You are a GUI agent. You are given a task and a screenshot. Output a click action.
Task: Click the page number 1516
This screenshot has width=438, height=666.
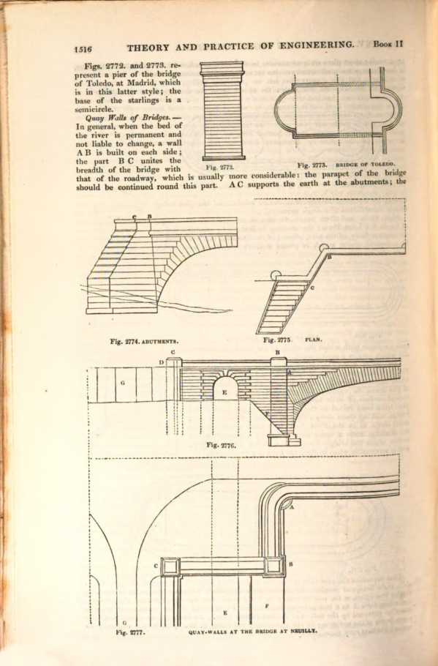coord(83,48)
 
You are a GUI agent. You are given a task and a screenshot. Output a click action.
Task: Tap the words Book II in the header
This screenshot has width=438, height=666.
coord(388,44)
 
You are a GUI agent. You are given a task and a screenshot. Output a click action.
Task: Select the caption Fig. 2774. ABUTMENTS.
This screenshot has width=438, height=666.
coord(144,341)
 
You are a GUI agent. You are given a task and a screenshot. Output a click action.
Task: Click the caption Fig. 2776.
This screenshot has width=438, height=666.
coord(221,445)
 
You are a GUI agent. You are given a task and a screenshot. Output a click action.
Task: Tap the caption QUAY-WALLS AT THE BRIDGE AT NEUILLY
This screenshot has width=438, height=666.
coord(252,631)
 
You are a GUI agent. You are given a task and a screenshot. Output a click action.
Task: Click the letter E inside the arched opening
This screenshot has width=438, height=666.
coord(224,392)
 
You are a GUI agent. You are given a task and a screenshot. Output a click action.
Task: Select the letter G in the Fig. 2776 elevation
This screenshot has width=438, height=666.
coord(123,383)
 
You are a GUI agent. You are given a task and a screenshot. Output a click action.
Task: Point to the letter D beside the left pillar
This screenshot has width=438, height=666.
coord(162,362)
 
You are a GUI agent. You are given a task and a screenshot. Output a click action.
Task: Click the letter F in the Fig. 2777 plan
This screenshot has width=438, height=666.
coord(266,606)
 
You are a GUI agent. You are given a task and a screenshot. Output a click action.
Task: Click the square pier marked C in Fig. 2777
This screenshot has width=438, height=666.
coord(170,566)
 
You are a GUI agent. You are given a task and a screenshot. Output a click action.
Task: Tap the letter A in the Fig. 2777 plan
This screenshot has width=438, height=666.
coord(292,506)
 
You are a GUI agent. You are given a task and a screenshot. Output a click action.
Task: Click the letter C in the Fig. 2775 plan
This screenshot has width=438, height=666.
coord(312,288)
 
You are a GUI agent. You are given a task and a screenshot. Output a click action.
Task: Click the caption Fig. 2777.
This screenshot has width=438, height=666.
coord(130,632)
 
